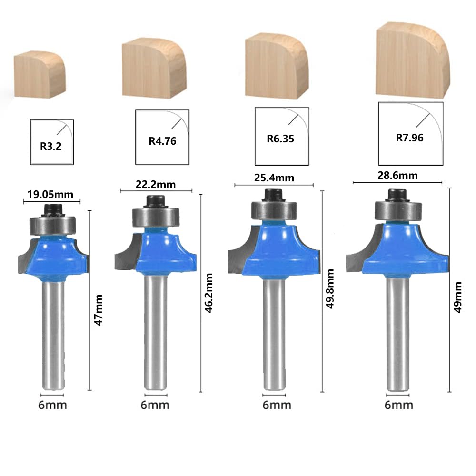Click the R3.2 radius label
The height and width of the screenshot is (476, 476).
[x=51, y=146]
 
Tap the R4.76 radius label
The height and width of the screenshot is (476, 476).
[x=162, y=141]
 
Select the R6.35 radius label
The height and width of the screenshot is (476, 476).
[x=280, y=139]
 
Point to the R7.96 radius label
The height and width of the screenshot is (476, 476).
[x=409, y=138]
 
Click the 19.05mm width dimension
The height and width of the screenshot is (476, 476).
[x=50, y=195]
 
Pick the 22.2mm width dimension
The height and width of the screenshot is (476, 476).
[x=156, y=185]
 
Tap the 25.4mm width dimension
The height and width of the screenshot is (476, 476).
[x=274, y=178]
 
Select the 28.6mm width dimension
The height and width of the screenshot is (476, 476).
[x=397, y=176]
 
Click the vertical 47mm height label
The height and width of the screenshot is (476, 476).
[x=98, y=310]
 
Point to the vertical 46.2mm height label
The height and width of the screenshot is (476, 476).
[x=209, y=293]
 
